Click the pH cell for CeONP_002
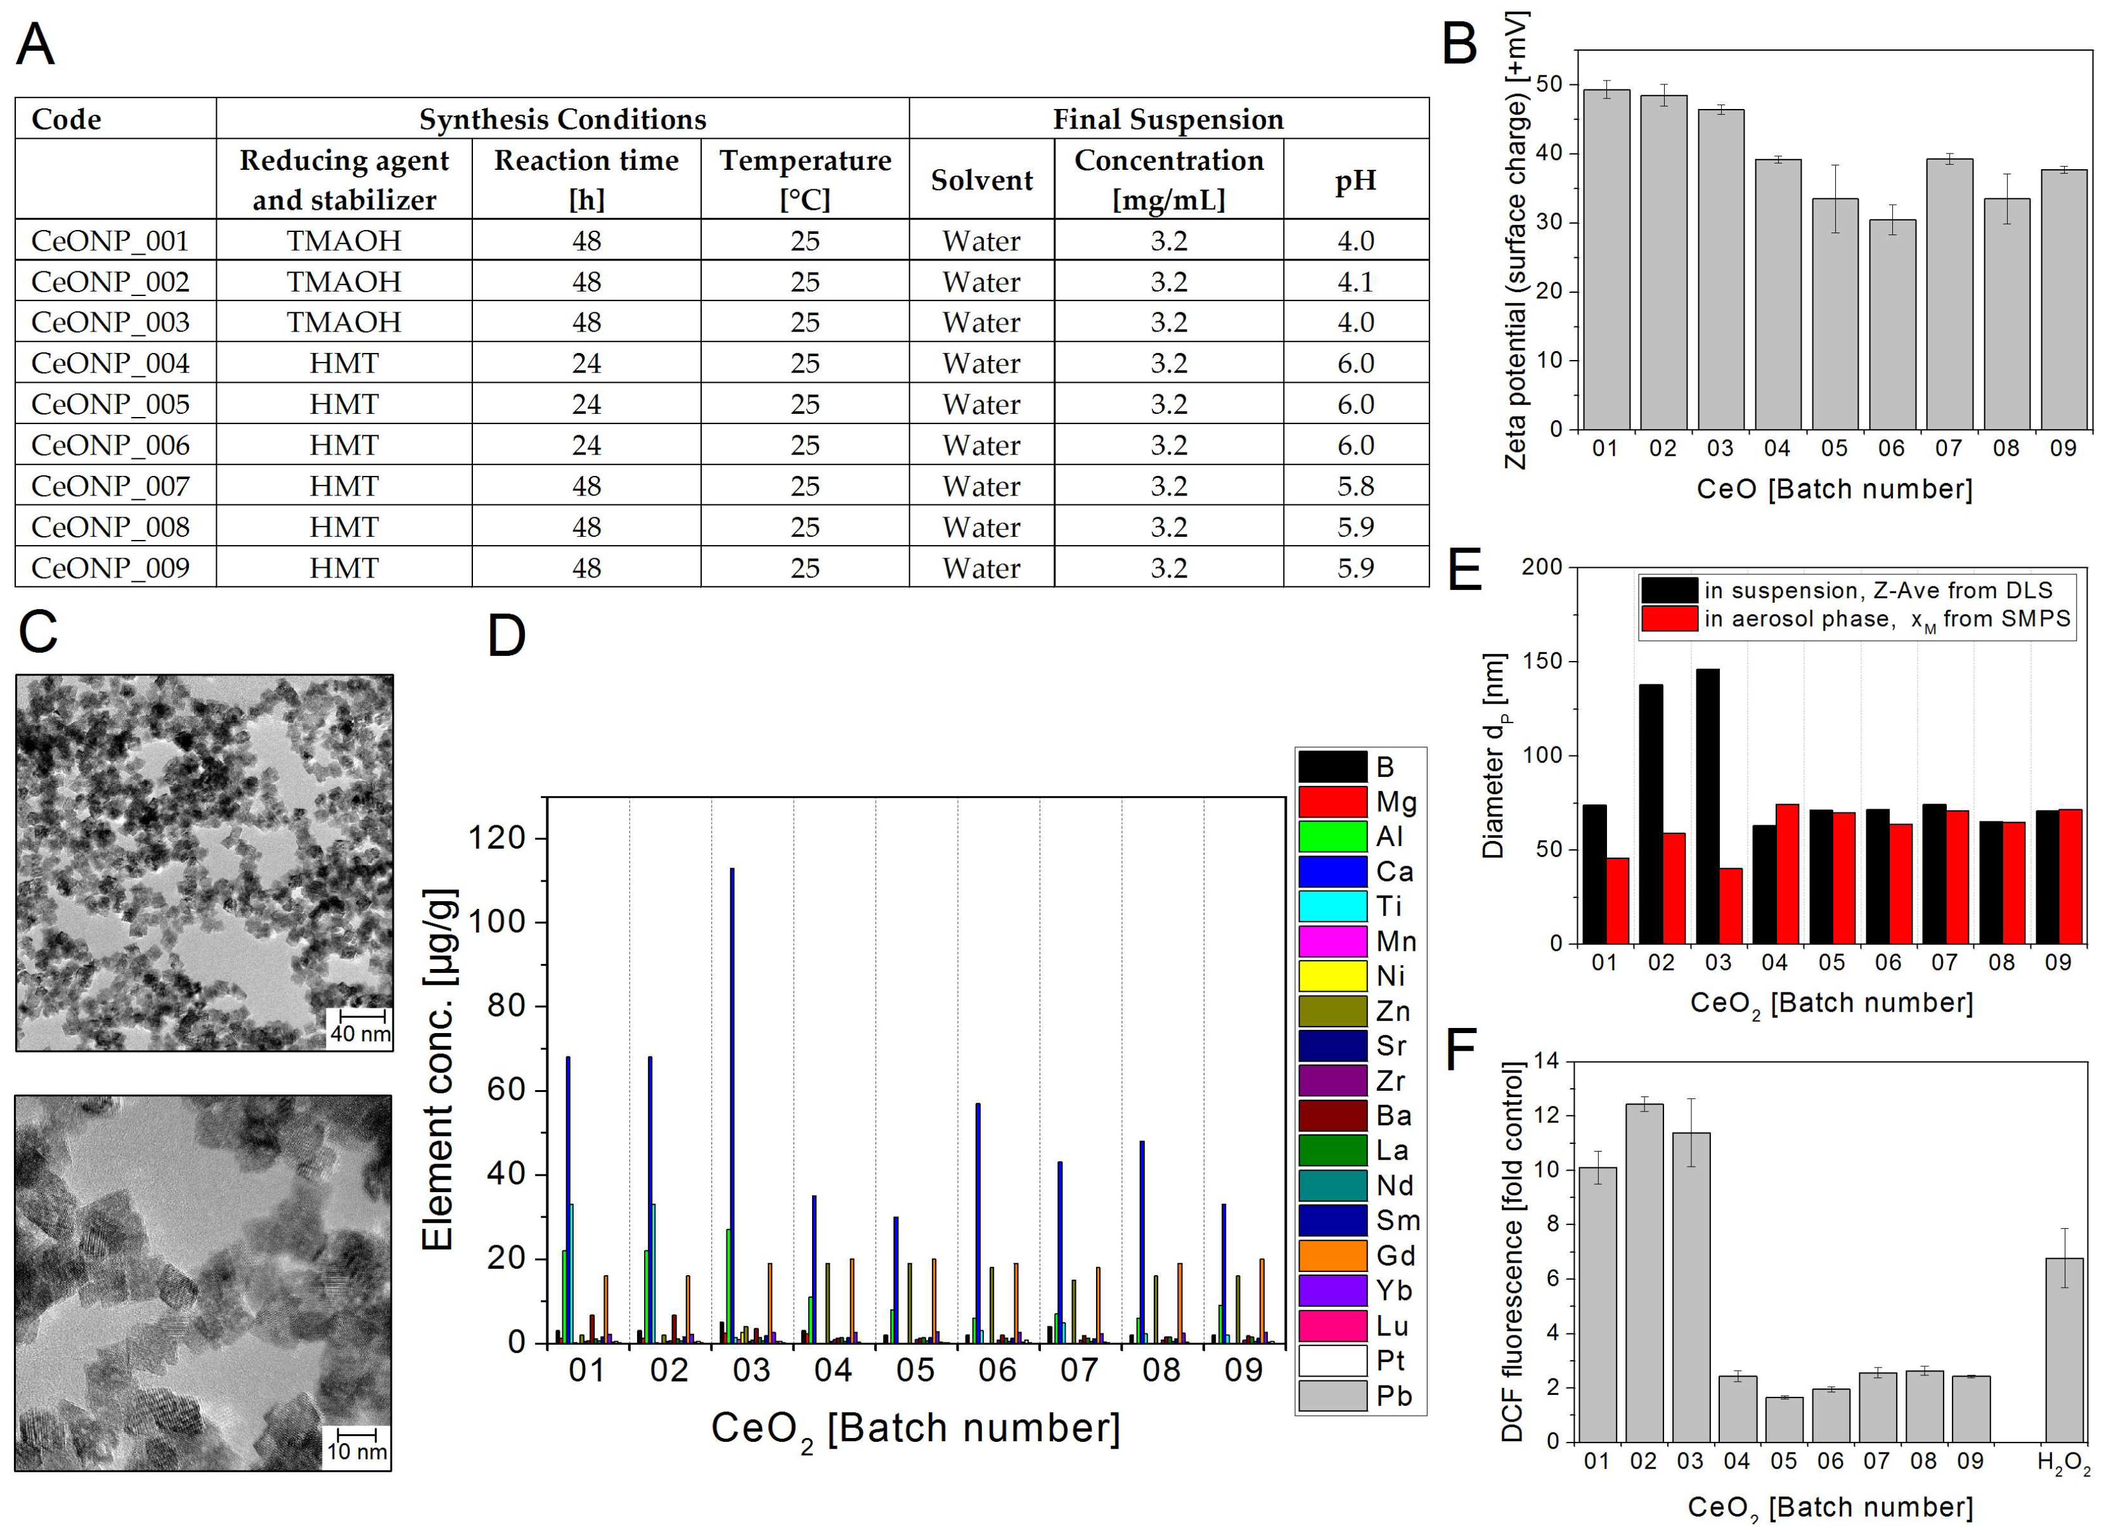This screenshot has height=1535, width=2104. point(1355,281)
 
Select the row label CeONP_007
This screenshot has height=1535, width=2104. point(110,486)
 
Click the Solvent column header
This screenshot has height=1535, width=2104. point(981,179)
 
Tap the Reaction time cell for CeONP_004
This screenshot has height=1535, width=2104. point(586,363)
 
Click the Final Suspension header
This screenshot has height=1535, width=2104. point(1168,119)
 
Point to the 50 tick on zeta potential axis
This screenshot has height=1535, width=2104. point(1550,84)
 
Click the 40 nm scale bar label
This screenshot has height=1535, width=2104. point(361,1033)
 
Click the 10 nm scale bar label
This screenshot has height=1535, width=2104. point(357,1451)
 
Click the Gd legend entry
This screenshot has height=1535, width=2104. point(1394,1256)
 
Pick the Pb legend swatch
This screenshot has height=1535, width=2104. point(1332,1396)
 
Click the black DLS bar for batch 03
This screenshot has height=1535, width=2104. point(1707,807)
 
